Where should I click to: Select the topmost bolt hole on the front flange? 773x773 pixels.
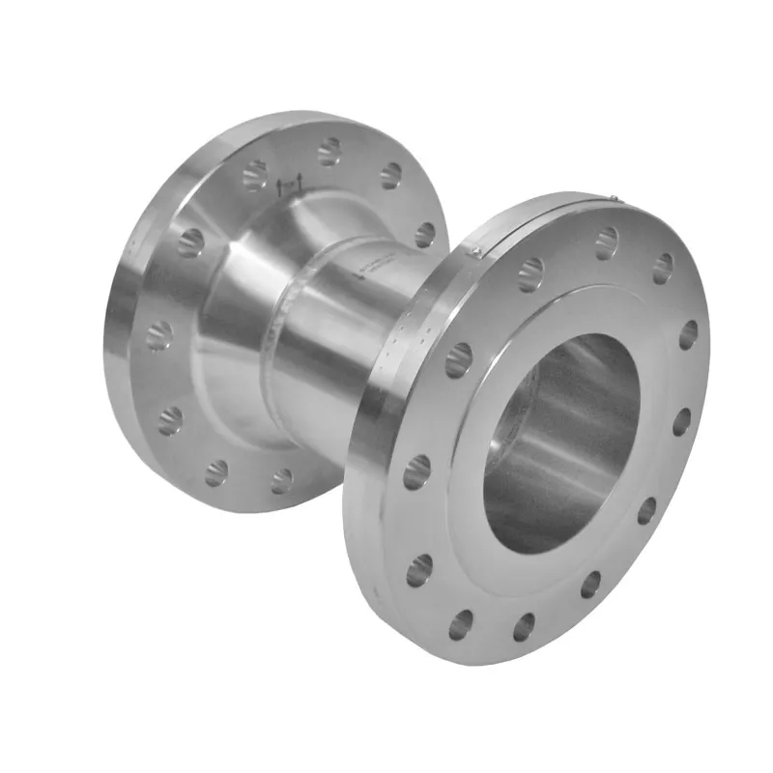(606, 238)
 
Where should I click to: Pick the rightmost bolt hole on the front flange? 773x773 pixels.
(688, 334)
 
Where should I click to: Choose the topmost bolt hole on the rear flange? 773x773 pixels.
(329, 151)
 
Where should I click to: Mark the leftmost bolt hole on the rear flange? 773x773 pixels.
(158, 335)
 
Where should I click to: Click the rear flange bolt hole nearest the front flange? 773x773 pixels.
(425, 235)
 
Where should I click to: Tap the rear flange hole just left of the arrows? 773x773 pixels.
(255, 174)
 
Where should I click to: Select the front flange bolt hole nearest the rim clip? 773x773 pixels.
(530, 274)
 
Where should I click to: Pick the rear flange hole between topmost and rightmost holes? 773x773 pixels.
(390, 175)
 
